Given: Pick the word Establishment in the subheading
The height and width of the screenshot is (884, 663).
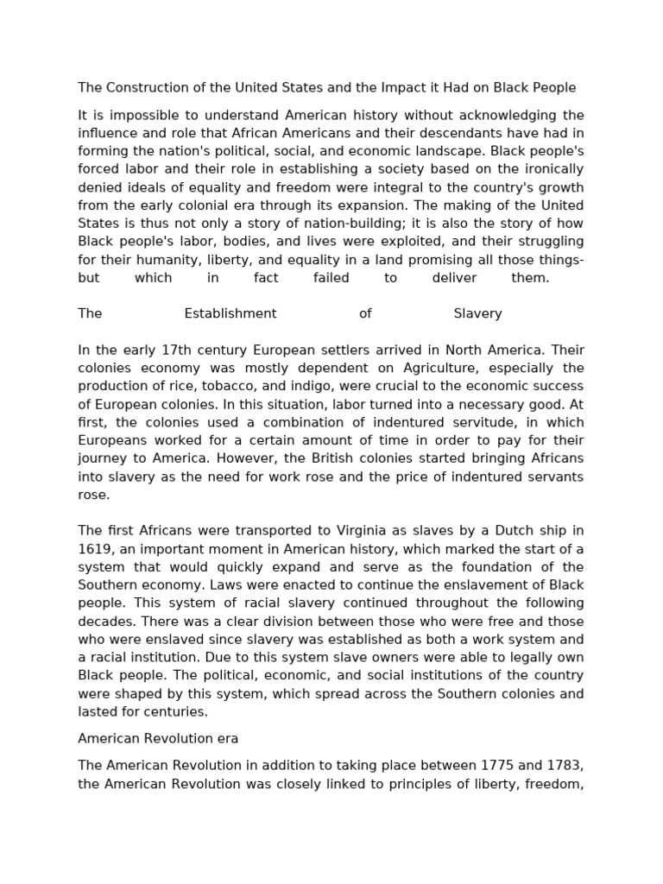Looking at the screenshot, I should tap(230, 313).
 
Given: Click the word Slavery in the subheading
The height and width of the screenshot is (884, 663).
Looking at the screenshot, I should tap(477, 313).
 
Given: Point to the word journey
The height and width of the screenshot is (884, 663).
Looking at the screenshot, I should tap(102, 458).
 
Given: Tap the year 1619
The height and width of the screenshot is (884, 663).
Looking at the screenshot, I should tap(95, 549).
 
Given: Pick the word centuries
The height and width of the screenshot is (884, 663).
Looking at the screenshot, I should tap(178, 712).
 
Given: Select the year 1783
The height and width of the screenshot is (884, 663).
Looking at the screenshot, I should tap(554, 766).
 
